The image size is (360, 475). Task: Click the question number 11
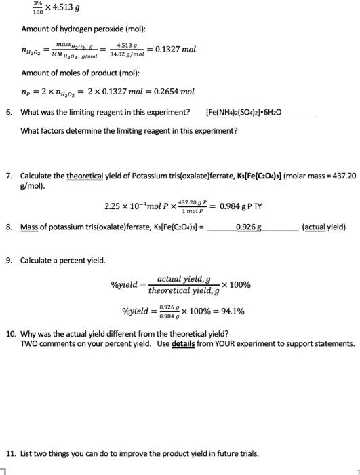coord(10,453)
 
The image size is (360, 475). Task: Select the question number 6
coord(9,112)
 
